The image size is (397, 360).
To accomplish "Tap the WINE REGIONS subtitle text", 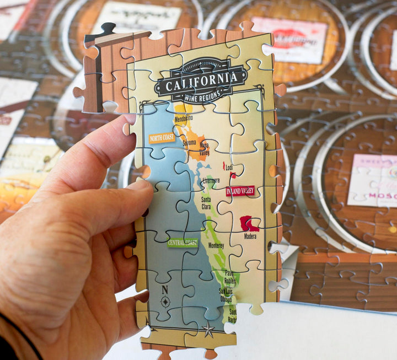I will [x=201, y=97].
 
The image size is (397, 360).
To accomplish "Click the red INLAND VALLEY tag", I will [x=240, y=191].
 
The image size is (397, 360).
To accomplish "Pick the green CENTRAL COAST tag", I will [x=183, y=242].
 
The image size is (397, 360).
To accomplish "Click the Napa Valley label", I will [x=205, y=148].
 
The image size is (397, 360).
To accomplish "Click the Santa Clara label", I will [x=206, y=203].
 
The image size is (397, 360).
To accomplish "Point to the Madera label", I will [x=250, y=237].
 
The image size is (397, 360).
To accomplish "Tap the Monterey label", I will [x=216, y=245].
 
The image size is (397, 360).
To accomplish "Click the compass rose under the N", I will [x=165, y=301].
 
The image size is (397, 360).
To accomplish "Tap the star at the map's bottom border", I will [x=208, y=331].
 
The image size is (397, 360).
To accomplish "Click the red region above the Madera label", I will [x=249, y=223].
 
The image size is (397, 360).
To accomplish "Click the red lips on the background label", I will [x=289, y=39].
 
